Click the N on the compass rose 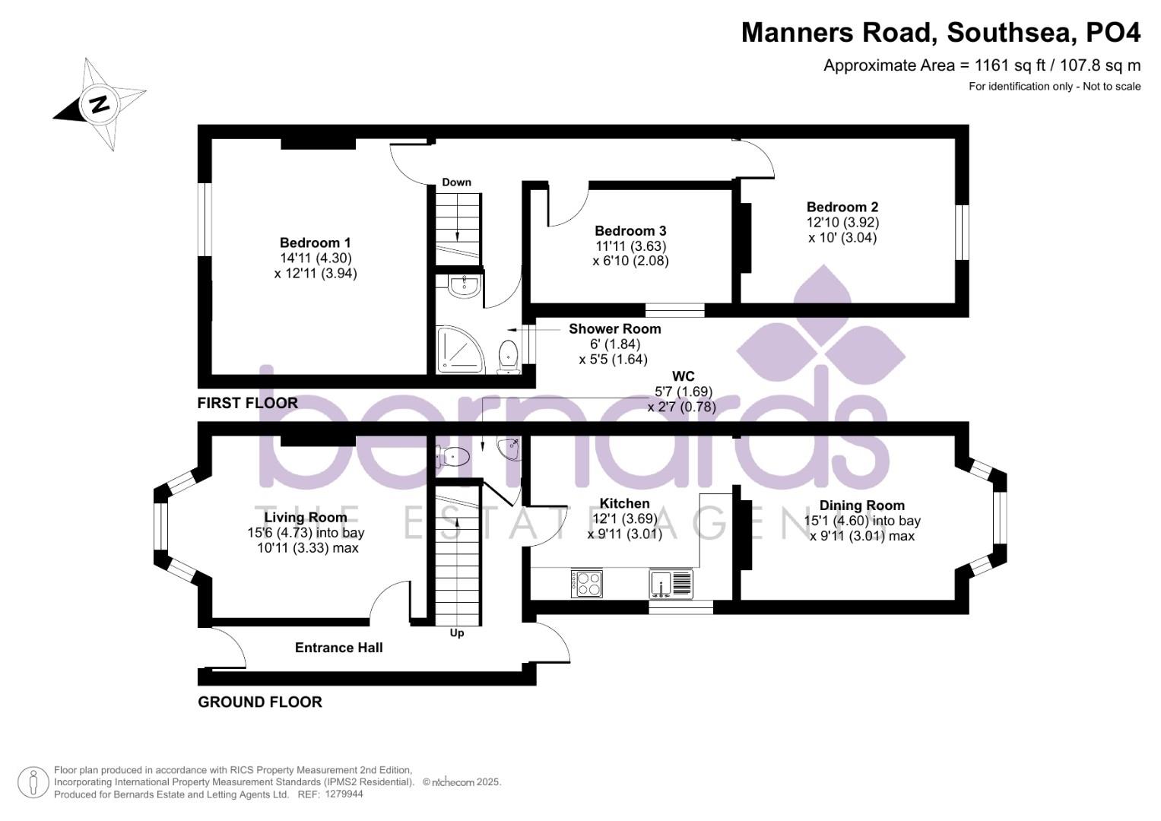coord(100,105)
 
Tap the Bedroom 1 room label coord(315,242)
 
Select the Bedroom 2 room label coord(842,208)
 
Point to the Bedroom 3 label coord(630,230)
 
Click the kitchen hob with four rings coord(587,584)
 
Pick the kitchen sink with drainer coord(671,584)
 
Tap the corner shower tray coord(461,350)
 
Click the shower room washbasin coord(465,287)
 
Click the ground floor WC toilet coord(453,457)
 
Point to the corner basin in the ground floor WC coord(509,449)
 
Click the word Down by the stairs coord(457,182)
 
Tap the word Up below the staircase coord(457,632)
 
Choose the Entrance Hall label coord(339,648)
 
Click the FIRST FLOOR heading coord(247,403)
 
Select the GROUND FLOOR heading coord(260,702)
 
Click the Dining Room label coord(862,506)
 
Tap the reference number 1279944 coord(344,794)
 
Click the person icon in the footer coord(33,782)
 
